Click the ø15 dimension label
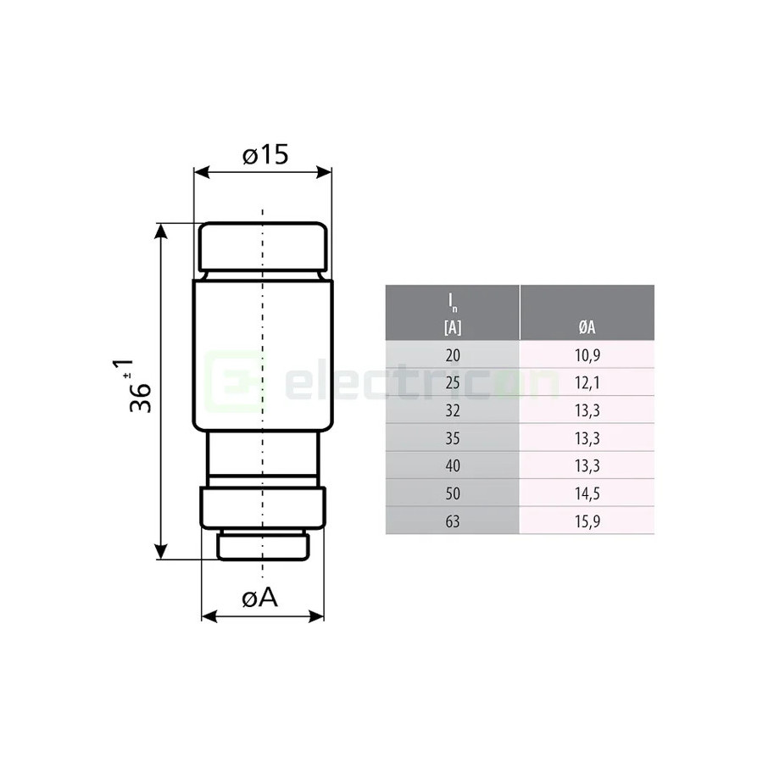(265, 155)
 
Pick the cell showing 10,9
(587, 354)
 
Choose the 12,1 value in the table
(587, 382)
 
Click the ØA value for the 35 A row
(587, 437)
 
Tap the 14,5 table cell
(587, 493)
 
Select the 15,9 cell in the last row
(587, 521)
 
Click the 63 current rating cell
(453, 521)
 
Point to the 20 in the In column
(453, 354)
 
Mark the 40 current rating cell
(453, 465)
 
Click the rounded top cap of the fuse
(262, 247)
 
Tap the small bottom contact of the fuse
(262, 546)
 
